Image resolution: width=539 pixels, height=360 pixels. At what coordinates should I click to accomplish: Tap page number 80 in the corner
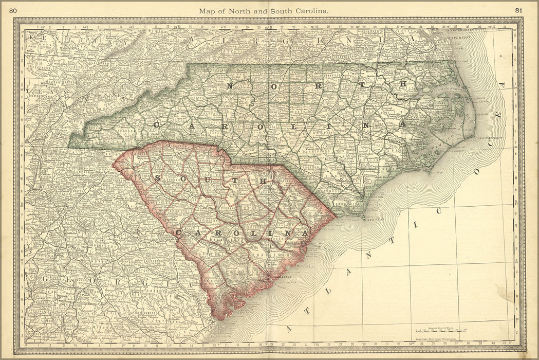pyautogui.click(x=13, y=10)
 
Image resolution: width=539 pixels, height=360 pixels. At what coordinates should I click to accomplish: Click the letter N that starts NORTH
pyautogui.click(x=231, y=86)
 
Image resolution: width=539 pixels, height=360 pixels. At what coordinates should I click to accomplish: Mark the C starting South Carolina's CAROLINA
pyautogui.click(x=178, y=233)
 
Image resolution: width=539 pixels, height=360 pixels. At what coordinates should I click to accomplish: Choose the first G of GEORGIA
pyautogui.click(x=45, y=278)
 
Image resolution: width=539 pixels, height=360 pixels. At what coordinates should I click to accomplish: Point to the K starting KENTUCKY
pyautogui.click(x=31, y=38)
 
